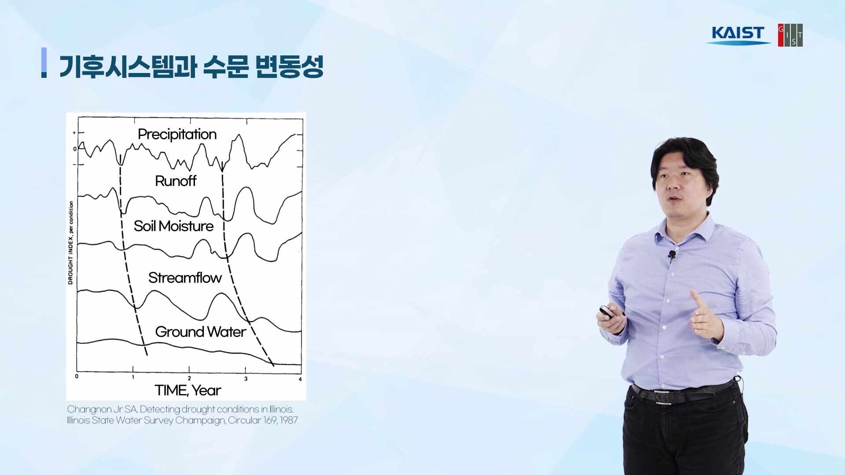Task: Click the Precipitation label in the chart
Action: click(x=177, y=134)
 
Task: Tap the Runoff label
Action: click(x=176, y=181)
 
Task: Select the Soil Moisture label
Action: click(x=173, y=226)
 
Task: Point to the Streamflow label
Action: click(x=185, y=278)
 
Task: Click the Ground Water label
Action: click(x=200, y=332)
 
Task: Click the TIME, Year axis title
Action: click(x=187, y=390)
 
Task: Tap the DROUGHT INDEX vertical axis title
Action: click(x=70, y=243)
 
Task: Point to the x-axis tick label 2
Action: click(x=189, y=378)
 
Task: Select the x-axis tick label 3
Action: click(x=246, y=379)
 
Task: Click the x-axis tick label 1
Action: click(x=133, y=377)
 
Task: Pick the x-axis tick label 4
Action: click(x=300, y=379)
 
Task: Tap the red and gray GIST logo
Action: click(x=790, y=35)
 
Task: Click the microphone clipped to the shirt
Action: click(x=672, y=254)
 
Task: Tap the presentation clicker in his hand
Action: click(x=606, y=312)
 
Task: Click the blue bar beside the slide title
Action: click(x=44, y=62)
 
